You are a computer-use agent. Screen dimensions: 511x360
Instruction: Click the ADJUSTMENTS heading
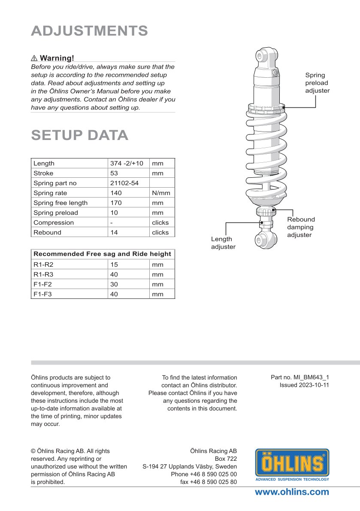click(89, 31)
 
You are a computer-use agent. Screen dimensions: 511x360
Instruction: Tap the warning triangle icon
click(34, 58)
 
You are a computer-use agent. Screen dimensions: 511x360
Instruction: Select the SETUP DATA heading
click(80, 135)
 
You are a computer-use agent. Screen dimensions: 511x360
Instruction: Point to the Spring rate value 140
click(116, 193)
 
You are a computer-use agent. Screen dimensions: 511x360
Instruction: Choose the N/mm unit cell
click(161, 193)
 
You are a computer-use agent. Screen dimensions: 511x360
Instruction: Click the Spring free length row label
click(61, 203)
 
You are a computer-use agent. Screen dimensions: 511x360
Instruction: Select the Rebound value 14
click(114, 232)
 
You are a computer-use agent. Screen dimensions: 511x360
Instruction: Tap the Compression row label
click(54, 222)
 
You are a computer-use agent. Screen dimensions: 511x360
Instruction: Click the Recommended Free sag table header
click(103, 254)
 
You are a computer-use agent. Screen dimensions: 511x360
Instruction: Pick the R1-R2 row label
click(43, 265)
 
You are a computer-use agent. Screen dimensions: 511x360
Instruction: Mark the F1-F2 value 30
click(114, 284)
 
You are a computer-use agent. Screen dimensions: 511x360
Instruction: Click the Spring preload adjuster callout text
click(317, 83)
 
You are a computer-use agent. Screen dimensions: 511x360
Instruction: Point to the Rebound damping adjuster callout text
click(301, 227)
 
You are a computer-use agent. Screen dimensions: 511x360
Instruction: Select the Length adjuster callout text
click(223, 243)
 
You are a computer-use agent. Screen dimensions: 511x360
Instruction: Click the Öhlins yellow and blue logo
click(292, 465)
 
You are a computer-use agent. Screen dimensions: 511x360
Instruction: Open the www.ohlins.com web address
click(292, 492)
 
